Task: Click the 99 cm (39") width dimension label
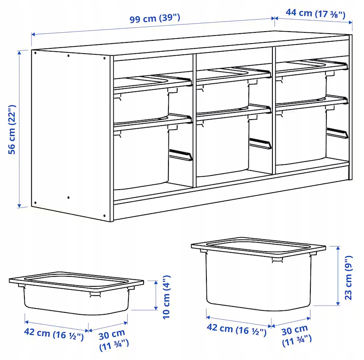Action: (155, 18)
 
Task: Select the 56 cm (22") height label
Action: (12, 130)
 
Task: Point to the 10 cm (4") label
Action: (166, 297)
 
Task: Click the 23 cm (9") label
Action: (348, 278)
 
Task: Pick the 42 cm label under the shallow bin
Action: (54, 334)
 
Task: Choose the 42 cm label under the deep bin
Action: (236, 329)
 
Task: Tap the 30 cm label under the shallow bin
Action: (114, 340)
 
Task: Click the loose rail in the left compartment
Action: (181, 155)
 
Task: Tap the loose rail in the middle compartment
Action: (260, 144)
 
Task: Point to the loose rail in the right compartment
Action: (338, 133)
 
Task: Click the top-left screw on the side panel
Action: (35, 53)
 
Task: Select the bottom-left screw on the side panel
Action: (35, 203)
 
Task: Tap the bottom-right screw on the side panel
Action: (104, 216)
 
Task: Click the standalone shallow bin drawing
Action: (76, 293)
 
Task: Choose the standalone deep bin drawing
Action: (258, 274)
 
